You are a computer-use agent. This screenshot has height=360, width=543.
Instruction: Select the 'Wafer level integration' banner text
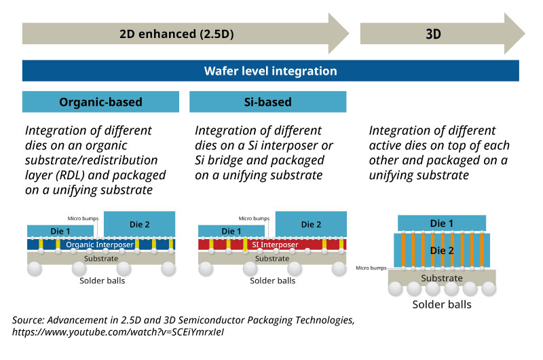pyautogui.click(x=271, y=71)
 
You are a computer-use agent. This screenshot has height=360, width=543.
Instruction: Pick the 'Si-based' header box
pyautogui.click(x=267, y=102)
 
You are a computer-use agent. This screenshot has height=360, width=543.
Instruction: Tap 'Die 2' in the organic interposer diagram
pyautogui.click(x=141, y=223)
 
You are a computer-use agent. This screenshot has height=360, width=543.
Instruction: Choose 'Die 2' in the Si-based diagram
pyautogui.click(x=311, y=223)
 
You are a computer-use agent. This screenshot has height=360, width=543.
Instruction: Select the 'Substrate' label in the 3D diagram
pyautogui.click(x=441, y=278)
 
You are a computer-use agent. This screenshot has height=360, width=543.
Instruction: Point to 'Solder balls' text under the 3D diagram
pyautogui.click(x=442, y=304)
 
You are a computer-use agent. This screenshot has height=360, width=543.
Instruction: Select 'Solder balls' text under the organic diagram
pyautogui.click(x=102, y=280)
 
